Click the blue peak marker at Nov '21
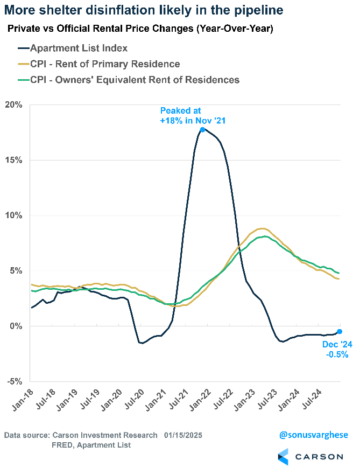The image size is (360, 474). tap(202, 129)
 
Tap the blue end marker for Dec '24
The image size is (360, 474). tap(340, 331)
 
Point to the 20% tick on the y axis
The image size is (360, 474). tap(15, 104)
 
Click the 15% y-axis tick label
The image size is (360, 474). tap(15, 160)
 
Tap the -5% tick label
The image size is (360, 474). tap(15, 381)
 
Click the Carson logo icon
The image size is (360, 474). tap(284, 456)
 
